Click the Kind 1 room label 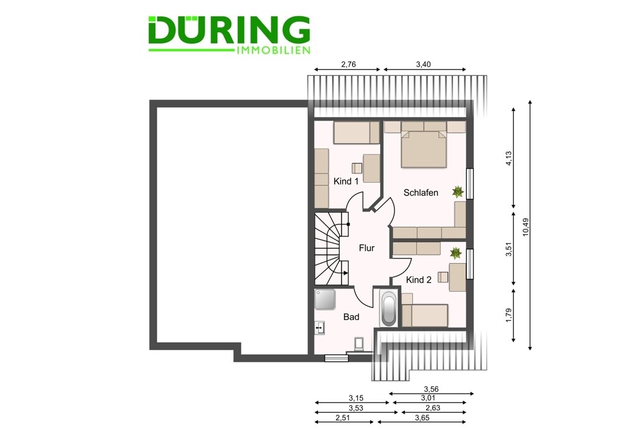(x=346, y=181)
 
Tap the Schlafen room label (x=421, y=193)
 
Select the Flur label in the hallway (x=366, y=248)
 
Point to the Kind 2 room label (x=419, y=280)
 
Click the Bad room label (x=351, y=317)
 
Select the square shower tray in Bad (x=325, y=300)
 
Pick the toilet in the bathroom (x=359, y=343)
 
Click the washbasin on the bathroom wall (x=320, y=328)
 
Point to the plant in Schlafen (x=458, y=192)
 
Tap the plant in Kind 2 (x=456, y=253)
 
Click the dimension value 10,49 (x=526, y=227)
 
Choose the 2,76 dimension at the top (x=348, y=64)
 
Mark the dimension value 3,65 (x=422, y=418)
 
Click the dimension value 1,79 (x=509, y=315)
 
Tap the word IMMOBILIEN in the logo (x=273, y=50)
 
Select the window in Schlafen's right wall (x=470, y=183)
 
